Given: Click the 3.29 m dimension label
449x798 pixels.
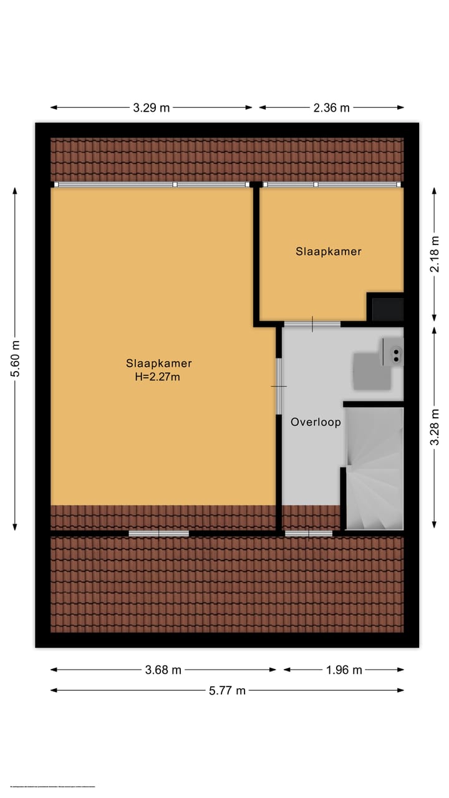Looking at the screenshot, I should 151,107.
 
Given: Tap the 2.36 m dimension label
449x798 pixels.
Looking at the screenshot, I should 331,107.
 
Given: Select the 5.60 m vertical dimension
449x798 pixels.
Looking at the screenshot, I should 16,359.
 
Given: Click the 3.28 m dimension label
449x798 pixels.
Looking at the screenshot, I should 435,423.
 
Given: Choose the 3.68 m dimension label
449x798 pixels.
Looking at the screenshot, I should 163,670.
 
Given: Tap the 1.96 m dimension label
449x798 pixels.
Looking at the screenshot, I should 344,670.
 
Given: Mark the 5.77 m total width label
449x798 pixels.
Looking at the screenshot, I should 227,690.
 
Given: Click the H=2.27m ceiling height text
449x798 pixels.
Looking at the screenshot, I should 158,376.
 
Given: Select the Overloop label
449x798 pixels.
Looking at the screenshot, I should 316,422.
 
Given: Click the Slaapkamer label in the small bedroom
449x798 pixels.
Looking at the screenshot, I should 329,251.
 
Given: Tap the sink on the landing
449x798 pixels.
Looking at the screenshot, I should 395,354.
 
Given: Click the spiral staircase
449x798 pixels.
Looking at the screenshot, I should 374,468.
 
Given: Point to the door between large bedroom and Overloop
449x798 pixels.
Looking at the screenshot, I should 279,387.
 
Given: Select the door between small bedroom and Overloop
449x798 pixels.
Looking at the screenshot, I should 312,324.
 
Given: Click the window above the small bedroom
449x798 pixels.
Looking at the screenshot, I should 331,185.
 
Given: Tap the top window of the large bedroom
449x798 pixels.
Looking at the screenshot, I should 151,185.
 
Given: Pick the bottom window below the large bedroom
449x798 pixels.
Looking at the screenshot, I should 159,533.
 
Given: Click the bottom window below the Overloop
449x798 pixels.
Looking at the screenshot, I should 309,533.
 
